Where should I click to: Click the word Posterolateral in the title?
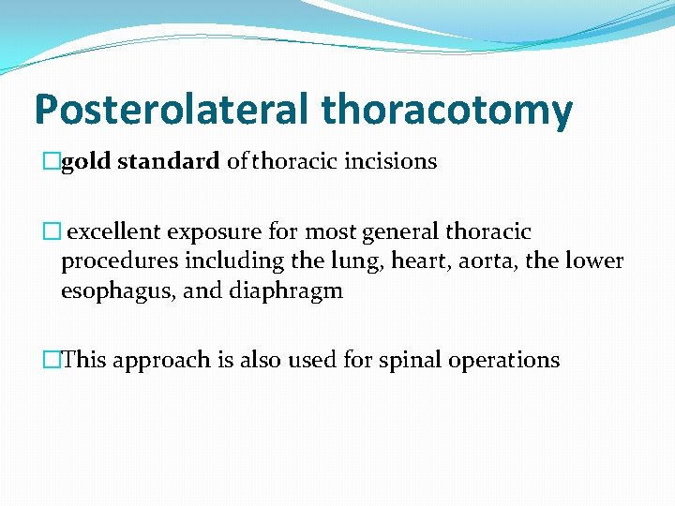pyautogui.click(x=172, y=110)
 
